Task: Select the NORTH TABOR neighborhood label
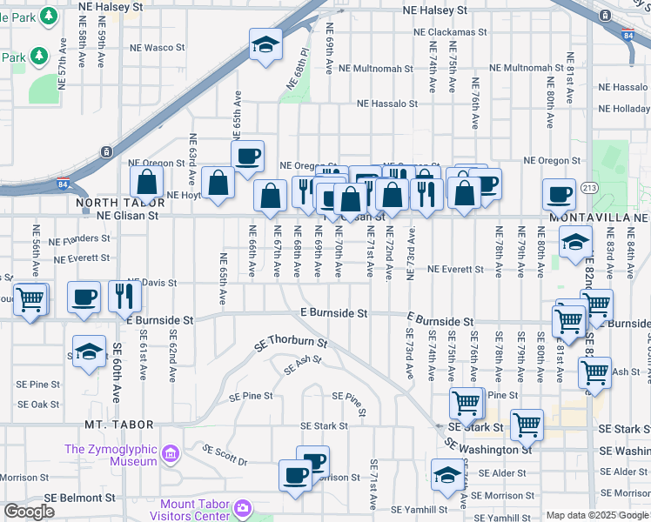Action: pyautogui.click(x=109, y=203)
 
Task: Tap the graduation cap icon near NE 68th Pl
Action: pyautogui.click(x=266, y=45)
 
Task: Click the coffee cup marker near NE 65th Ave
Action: pyautogui.click(x=247, y=157)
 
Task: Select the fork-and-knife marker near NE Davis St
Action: pyautogui.click(x=125, y=297)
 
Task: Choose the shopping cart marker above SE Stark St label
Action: pyautogui.click(x=466, y=403)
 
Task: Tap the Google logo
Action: pyautogui.click(x=30, y=512)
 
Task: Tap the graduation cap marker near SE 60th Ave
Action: pyautogui.click(x=89, y=351)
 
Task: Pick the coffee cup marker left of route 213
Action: pyautogui.click(x=559, y=193)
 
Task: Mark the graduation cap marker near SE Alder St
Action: pyautogui.click(x=447, y=475)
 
